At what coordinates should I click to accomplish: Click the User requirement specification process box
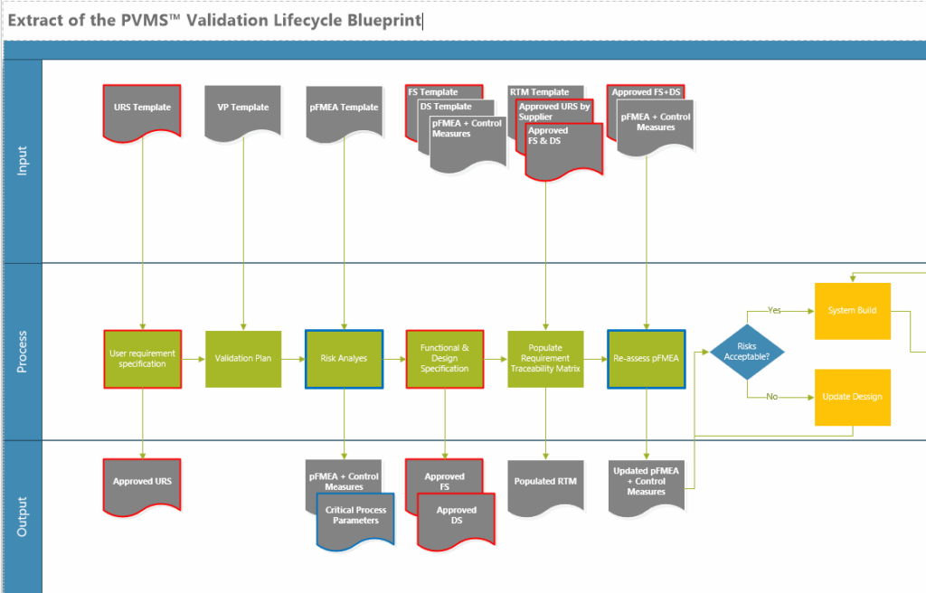142,359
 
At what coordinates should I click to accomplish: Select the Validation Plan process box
243,359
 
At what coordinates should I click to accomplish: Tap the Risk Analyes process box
344,359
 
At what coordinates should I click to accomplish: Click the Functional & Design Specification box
445,359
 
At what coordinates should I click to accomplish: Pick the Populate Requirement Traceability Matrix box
545,359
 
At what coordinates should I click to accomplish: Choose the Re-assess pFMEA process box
646,359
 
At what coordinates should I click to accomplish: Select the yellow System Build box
852,311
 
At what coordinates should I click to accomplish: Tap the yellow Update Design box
852,397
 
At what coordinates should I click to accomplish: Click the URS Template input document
142,110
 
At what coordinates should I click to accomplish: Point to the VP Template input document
243,110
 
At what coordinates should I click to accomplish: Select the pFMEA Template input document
344,110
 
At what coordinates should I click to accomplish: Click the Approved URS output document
142,484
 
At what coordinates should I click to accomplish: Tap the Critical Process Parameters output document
355,518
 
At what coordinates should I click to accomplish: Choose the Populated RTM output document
545,484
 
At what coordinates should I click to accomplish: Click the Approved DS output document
456,516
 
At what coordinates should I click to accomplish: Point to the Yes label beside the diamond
774,310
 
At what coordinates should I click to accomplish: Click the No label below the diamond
771,397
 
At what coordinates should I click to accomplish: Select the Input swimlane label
23,161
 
